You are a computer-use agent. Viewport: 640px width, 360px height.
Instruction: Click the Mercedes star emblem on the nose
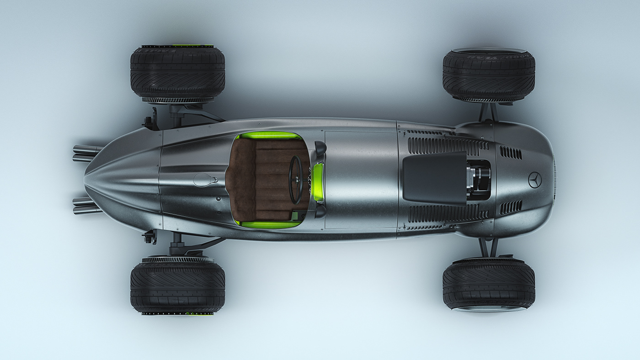(x=534, y=180)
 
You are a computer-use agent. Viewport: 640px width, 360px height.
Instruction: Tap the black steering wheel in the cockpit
(x=295, y=180)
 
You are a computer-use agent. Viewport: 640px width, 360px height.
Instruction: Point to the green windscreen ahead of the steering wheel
(x=318, y=182)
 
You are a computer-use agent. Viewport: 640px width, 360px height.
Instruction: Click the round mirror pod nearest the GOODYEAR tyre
(x=320, y=147)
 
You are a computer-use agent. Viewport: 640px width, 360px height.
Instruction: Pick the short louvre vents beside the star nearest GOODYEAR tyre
(x=510, y=152)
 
